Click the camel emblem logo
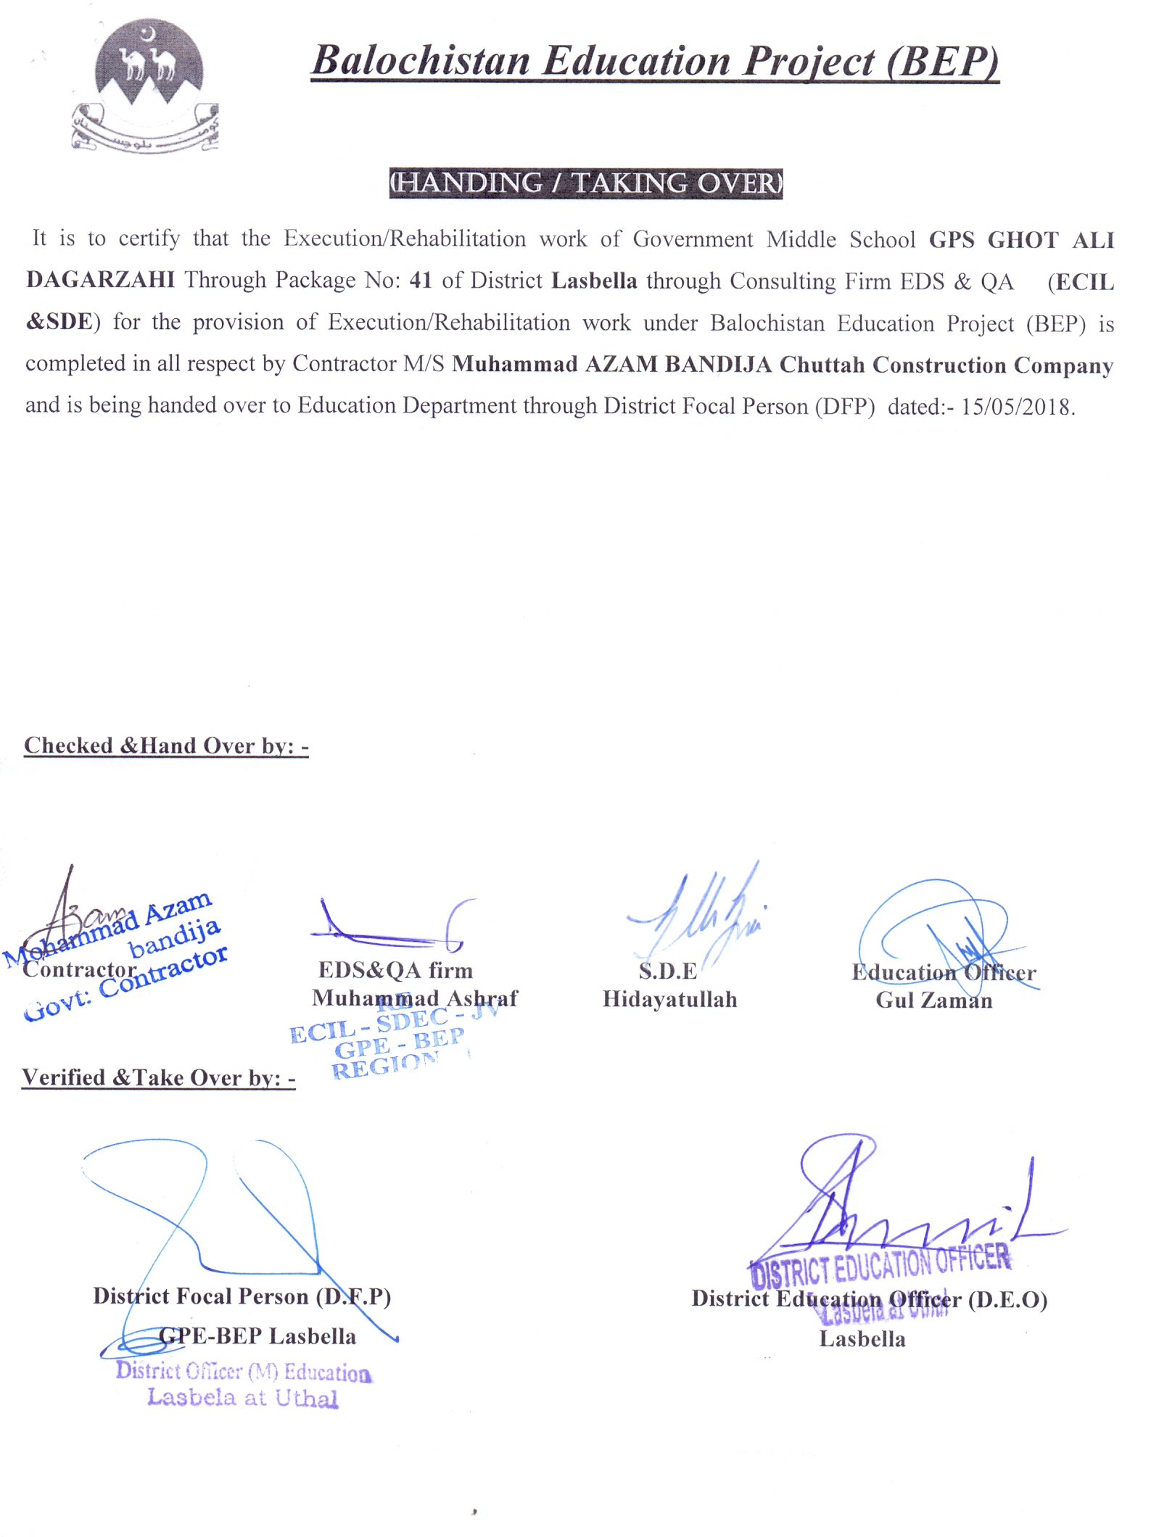click(x=147, y=88)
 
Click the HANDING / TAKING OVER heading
click(x=585, y=183)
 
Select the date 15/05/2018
click(x=1016, y=407)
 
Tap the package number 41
click(x=420, y=281)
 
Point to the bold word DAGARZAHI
click(x=100, y=281)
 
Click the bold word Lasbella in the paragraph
click(x=594, y=281)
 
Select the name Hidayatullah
click(x=669, y=1000)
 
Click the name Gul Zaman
click(x=933, y=1000)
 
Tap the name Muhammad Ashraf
click(x=414, y=998)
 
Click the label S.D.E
click(x=667, y=971)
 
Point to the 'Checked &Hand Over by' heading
click(x=166, y=746)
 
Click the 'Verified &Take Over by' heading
click(x=158, y=1078)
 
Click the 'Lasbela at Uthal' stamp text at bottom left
click(x=242, y=1398)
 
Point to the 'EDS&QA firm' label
click(x=395, y=970)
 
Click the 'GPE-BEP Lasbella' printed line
click(x=257, y=1336)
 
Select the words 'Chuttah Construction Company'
click(x=946, y=365)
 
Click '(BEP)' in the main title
click(x=942, y=62)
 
